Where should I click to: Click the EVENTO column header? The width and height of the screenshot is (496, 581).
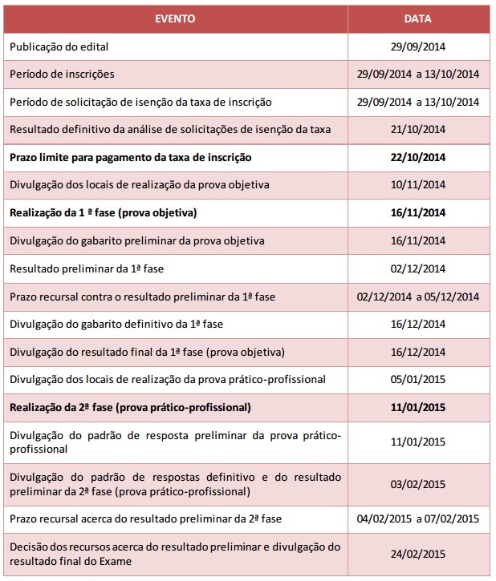(x=175, y=18)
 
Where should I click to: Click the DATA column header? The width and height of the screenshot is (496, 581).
(x=417, y=18)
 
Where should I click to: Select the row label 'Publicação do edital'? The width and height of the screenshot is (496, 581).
(x=59, y=46)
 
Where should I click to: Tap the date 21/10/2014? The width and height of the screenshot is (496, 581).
(x=417, y=128)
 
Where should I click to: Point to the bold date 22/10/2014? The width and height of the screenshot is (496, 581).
(x=417, y=157)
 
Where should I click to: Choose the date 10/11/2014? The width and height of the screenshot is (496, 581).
(x=417, y=185)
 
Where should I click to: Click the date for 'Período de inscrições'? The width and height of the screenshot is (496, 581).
(x=417, y=75)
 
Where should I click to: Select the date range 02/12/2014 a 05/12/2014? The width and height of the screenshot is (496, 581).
(x=417, y=297)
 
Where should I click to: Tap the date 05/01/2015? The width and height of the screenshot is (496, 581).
(x=417, y=379)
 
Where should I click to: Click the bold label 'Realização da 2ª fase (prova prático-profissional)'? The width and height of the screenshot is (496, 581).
(x=131, y=407)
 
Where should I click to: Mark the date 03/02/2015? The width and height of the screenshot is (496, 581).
(x=417, y=484)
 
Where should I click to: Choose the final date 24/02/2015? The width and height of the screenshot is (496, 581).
(x=417, y=553)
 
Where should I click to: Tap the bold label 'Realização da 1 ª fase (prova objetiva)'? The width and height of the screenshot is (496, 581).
(x=104, y=212)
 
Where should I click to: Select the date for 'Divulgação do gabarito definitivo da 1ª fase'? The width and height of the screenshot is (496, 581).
(x=417, y=324)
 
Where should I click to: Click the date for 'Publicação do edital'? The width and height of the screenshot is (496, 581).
(x=417, y=46)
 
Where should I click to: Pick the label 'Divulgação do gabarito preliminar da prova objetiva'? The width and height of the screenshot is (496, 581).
(x=137, y=240)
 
